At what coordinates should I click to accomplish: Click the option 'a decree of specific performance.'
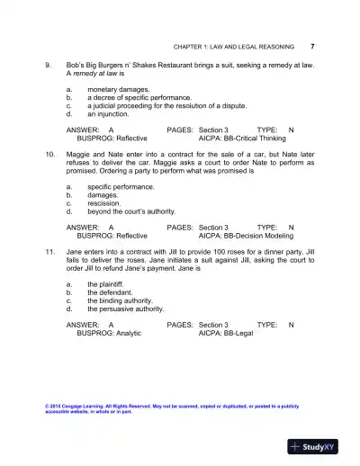pos(139,99)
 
